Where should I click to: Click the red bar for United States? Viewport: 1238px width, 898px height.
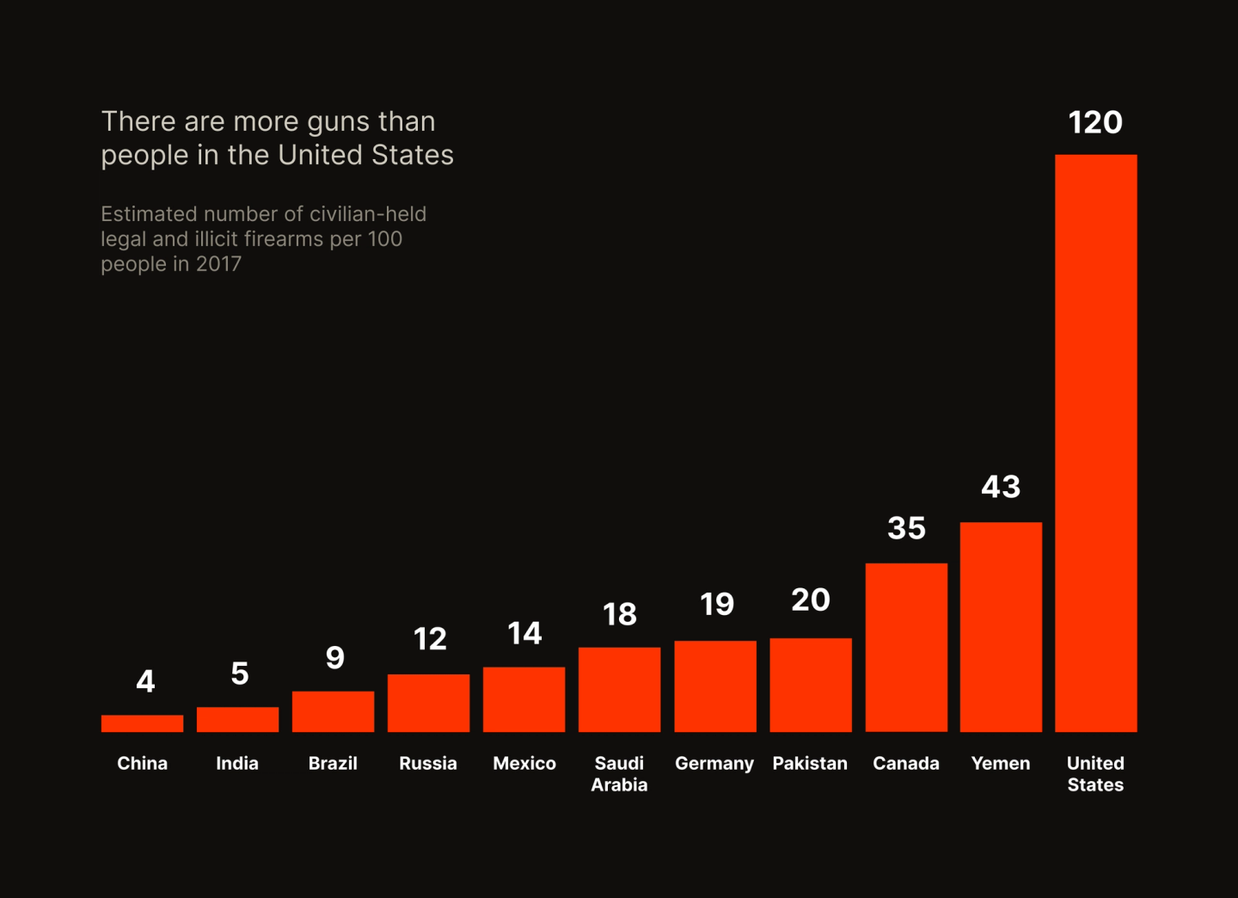1095,443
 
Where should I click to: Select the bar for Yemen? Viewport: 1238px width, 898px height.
1001,627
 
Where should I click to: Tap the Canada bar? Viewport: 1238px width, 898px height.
906,648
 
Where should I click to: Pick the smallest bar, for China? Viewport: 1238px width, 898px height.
142,723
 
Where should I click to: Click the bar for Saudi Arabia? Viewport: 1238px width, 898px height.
619,690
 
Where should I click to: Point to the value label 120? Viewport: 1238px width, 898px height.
1095,122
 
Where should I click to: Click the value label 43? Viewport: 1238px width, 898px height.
1001,487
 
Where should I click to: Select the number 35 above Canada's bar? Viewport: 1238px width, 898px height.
906,528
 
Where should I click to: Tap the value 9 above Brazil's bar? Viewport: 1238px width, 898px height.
334,658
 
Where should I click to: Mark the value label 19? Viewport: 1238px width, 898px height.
716,605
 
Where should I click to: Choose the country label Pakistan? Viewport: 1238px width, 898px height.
810,763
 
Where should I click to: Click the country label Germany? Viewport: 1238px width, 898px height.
714,763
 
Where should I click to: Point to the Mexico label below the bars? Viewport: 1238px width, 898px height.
524,763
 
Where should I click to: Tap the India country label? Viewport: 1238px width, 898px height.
237,763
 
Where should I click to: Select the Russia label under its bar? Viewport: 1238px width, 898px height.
428,763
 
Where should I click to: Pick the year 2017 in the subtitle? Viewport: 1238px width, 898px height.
218,264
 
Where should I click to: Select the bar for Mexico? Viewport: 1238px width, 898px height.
524,699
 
